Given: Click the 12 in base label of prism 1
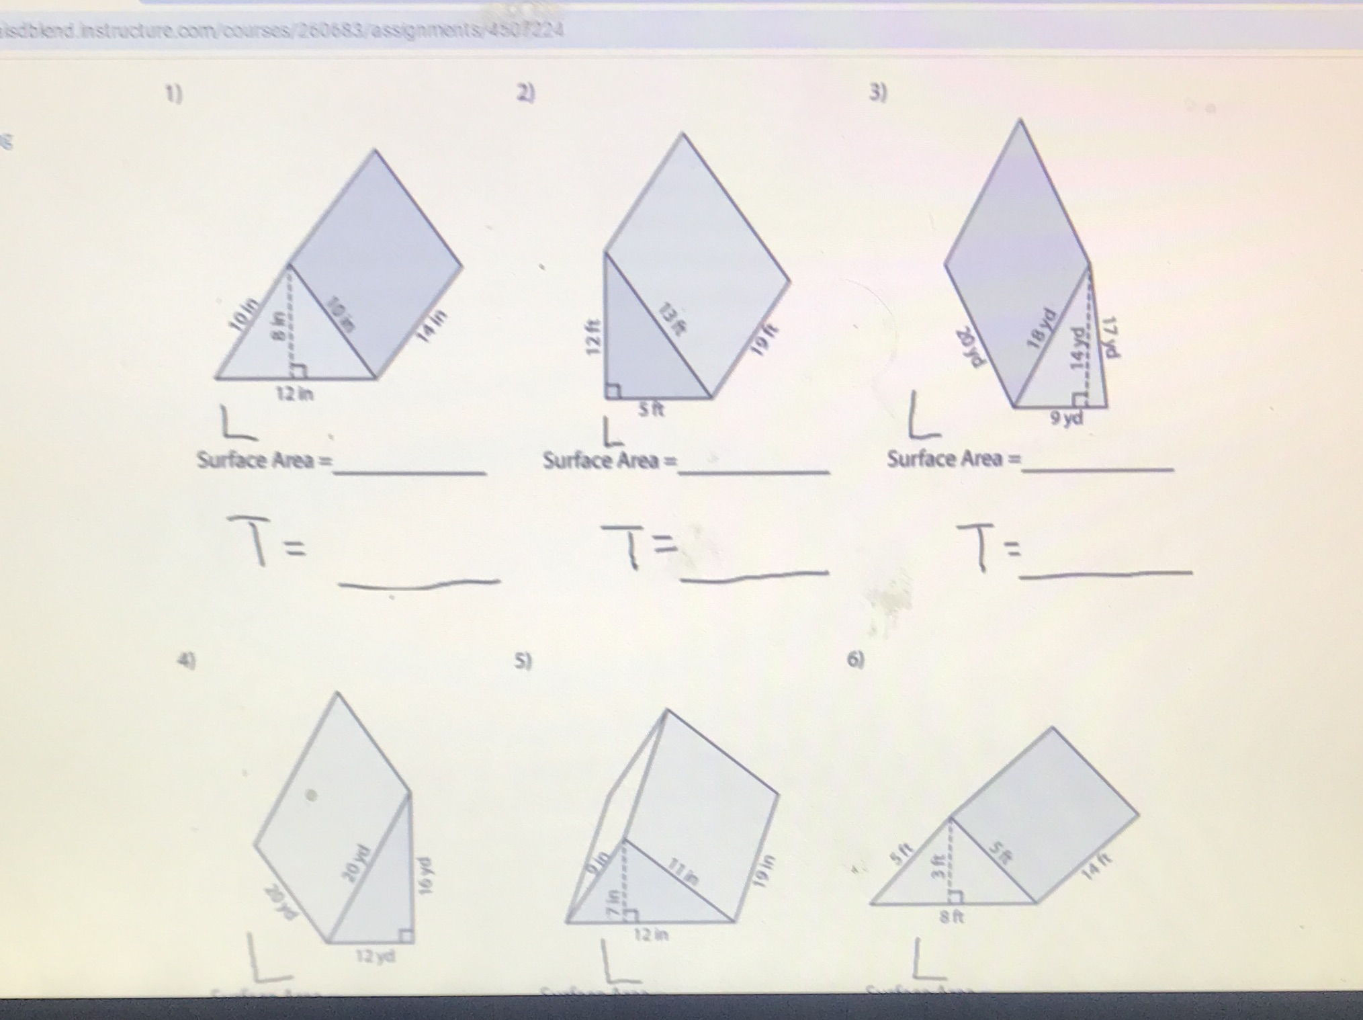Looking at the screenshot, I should click(295, 394).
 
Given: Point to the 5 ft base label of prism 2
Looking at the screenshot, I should click(650, 409).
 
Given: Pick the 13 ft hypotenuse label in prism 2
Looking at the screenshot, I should click(672, 318).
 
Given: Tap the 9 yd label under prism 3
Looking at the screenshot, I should click(1067, 418).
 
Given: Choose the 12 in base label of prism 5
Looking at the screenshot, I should click(651, 935).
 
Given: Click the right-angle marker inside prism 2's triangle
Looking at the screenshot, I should click(612, 390).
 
